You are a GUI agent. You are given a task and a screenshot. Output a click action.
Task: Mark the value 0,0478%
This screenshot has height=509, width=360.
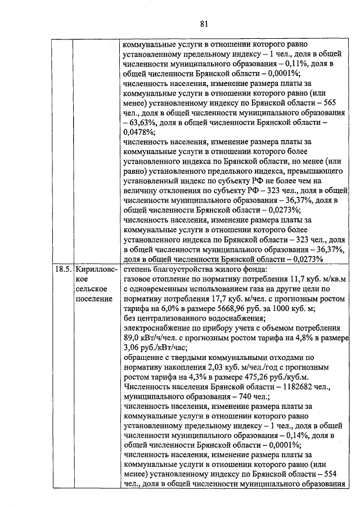(x=138, y=132)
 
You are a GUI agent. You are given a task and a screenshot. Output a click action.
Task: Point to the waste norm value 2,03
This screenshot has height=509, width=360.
(x=206, y=367)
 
